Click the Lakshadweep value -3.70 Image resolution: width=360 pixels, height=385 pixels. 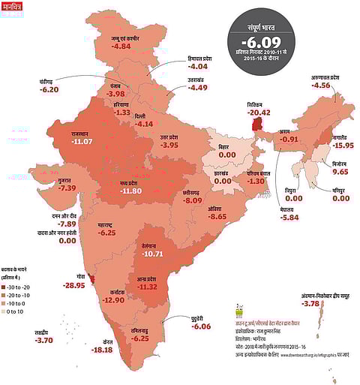[x=45, y=341]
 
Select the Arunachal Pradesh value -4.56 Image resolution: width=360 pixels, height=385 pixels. [x=321, y=85]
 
